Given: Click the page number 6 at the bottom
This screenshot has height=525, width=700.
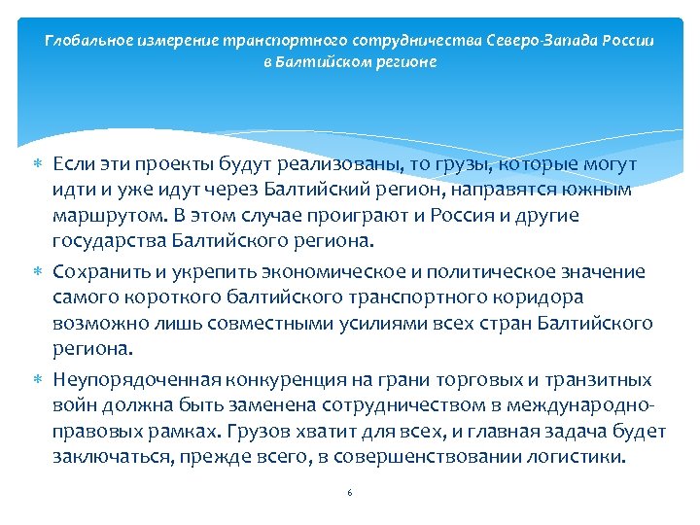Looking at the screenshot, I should click(349, 493).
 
